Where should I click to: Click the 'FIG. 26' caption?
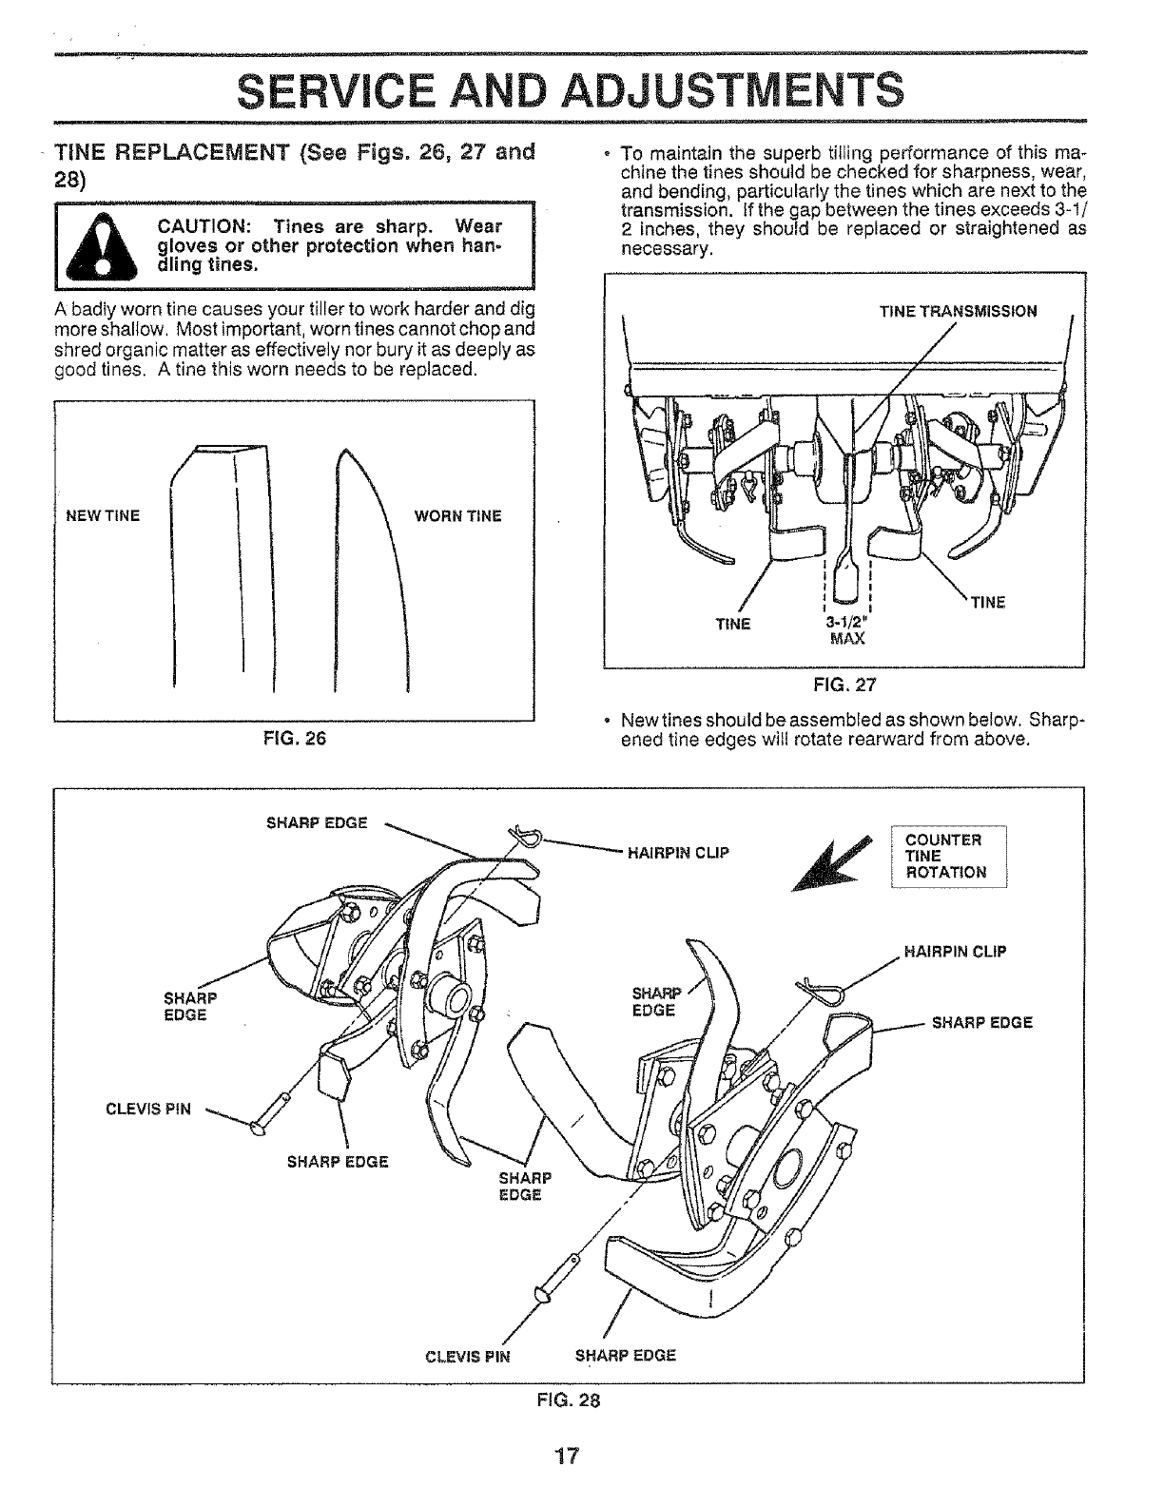(295, 738)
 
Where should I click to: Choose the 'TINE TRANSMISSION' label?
(958, 311)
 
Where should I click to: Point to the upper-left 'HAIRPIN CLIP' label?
(678, 852)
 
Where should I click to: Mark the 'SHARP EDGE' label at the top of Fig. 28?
(318, 822)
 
